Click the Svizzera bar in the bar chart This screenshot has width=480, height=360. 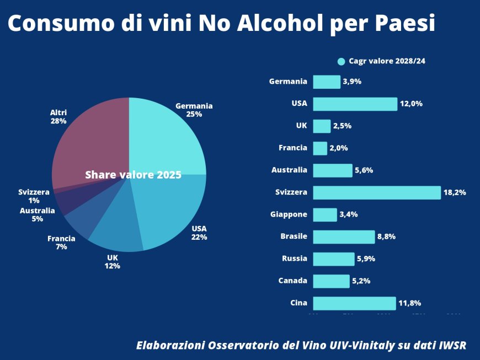tap(377, 192)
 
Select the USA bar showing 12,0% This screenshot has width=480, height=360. tap(355, 104)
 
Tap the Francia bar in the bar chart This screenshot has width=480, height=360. tap(320, 148)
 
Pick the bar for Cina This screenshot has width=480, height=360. tap(354, 303)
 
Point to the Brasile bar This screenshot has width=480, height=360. tap(344, 237)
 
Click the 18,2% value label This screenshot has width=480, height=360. tap(455, 192)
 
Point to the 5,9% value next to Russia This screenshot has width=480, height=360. tap(366, 259)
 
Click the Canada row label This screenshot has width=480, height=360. tap(292, 281)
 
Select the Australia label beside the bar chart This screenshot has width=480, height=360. tap(289, 170)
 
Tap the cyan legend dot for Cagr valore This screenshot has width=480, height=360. tap(341, 61)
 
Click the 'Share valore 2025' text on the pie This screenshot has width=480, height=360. tap(133, 175)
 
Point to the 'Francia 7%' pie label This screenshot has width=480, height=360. tap(61, 243)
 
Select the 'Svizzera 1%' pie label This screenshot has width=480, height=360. tap(34, 196)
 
